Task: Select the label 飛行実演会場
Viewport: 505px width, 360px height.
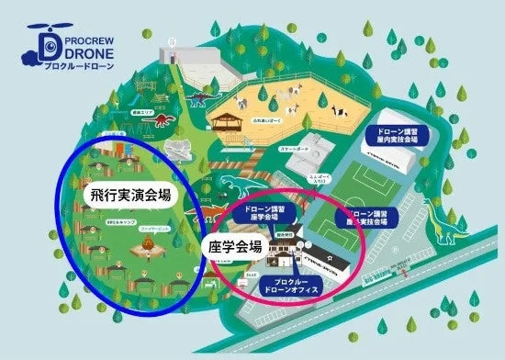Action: tap(133, 196)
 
